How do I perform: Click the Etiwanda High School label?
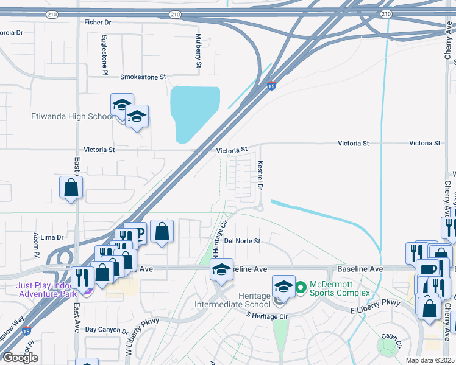coord(72,116)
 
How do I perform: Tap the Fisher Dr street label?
coord(98,23)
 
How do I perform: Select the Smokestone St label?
coord(143,77)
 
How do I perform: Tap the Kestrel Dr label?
coord(260,175)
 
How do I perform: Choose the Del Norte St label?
coord(242,241)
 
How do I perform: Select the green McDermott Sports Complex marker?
coord(301,285)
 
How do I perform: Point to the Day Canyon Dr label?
coord(106,330)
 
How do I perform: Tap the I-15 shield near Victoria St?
coord(271,86)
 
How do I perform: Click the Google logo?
coord(20,358)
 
